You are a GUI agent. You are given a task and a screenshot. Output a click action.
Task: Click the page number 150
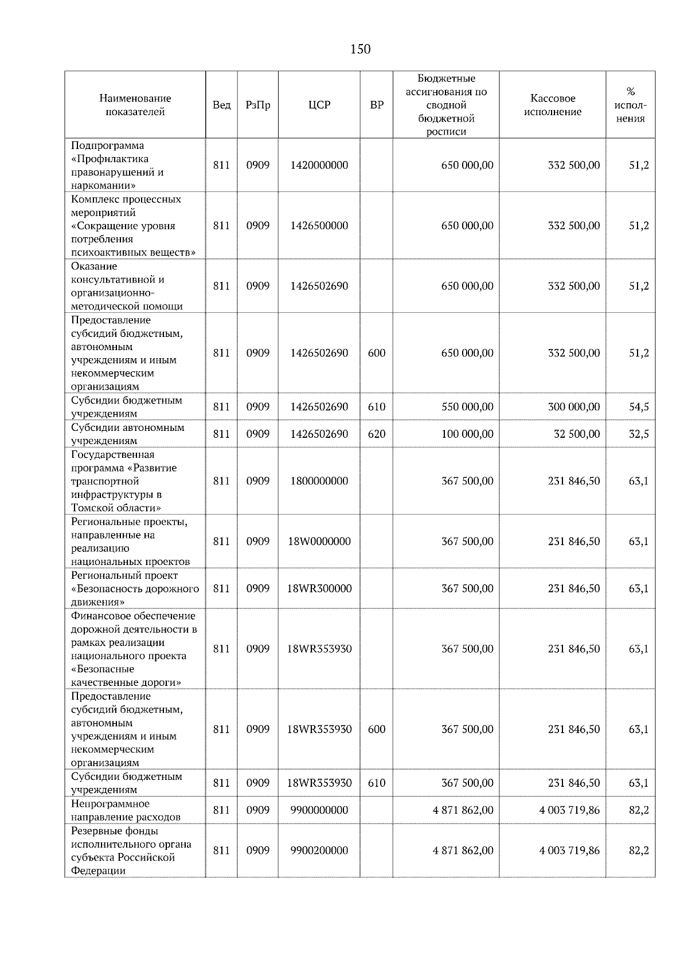[360, 49]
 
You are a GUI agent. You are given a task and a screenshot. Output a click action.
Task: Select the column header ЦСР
[319, 105]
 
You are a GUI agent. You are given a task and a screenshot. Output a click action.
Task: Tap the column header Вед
[221, 105]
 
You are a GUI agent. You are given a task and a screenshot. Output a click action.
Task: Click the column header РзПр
[258, 105]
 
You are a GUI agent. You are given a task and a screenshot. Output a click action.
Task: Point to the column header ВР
[377, 105]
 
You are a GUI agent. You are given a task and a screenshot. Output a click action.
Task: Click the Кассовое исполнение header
[553, 105]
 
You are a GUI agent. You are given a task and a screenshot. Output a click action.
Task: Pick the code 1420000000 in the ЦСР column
[319, 165]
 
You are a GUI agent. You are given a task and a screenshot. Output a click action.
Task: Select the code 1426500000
[319, 226]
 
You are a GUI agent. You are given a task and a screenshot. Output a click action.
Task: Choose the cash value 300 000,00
[574, 407]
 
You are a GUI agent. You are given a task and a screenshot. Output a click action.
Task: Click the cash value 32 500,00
[577, 434]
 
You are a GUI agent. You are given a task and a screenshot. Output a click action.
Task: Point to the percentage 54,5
[639, 407]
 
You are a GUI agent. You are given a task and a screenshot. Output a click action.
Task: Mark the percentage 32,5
[639, 434]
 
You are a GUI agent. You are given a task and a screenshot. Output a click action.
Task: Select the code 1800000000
[319, 481]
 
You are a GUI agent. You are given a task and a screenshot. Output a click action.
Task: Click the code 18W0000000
[319, 542]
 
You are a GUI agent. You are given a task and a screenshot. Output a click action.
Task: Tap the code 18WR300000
[319, 588]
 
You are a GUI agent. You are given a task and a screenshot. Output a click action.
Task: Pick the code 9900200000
[319, 850]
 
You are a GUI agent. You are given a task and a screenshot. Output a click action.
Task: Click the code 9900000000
[319, 810]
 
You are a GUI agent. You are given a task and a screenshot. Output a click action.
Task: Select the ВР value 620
[377, 434]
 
